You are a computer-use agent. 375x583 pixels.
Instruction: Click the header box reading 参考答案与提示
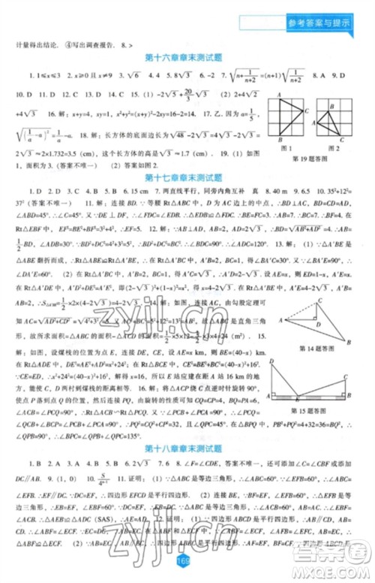318,23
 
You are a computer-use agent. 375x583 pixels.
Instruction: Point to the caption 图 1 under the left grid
285,147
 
